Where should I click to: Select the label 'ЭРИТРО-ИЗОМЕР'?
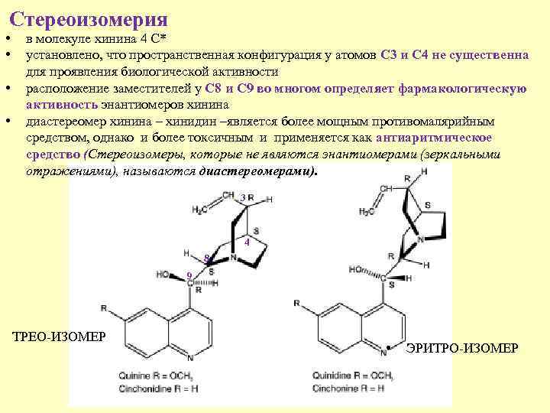(x=462, y=348)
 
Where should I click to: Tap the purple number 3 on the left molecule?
(x=243, y=197)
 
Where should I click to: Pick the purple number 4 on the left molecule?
(x=247, y=242)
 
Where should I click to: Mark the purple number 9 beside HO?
(x=189, y=275)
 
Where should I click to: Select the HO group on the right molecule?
(x=356, y=269)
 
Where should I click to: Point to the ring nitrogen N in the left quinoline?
(x=189, y=357)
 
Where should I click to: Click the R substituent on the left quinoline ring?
(x=104, y=307)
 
